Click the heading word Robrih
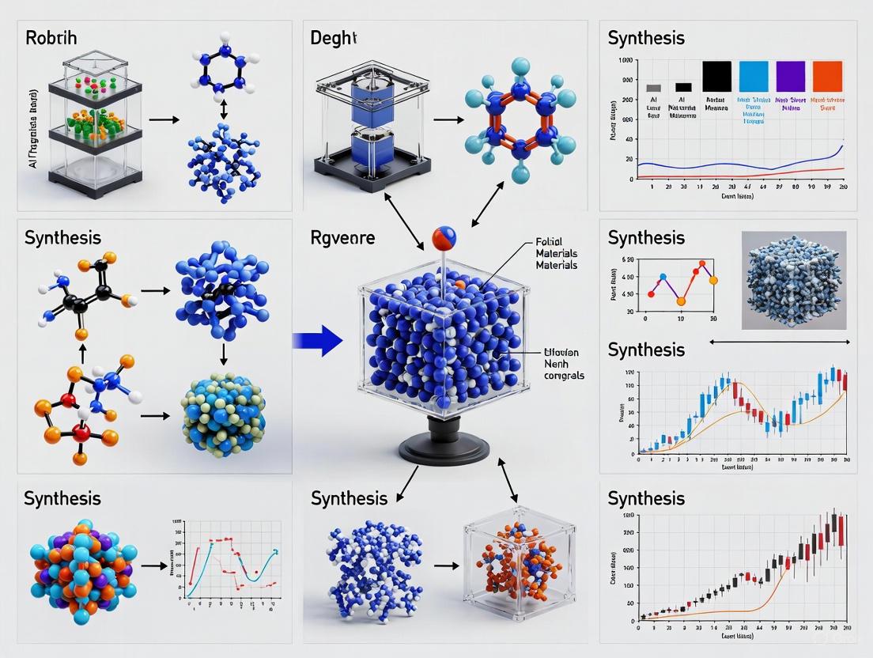(x=51, y=38)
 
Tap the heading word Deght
(x=334, y=38)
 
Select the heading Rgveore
(x=342, y=237)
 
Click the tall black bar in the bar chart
(x=716, y=77)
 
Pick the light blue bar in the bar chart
(x=753, y=77)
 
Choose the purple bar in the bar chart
(x=790, y=77)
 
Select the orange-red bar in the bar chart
(x=827, y=77)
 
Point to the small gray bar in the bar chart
(x=653, y=88)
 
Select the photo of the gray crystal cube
(x=794, y=280)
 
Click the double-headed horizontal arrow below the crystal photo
(x=780, y=342)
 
